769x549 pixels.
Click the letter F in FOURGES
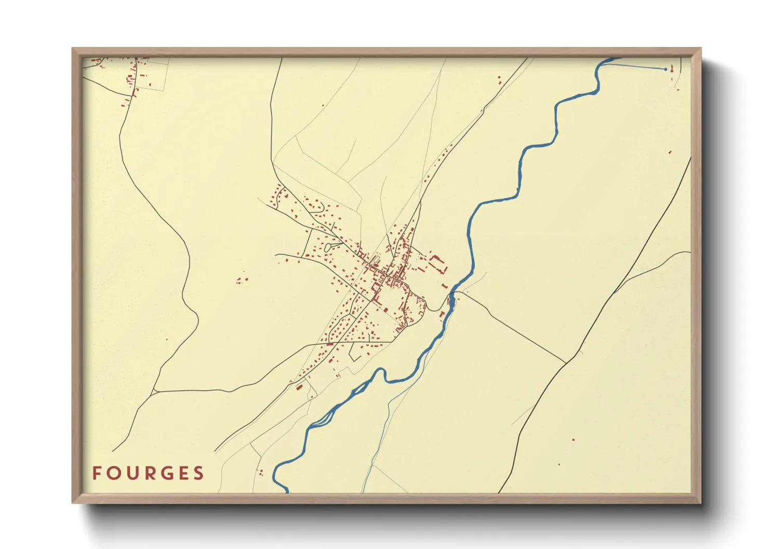[x=97, y=473]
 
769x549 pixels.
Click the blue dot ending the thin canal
[x=666, y=69]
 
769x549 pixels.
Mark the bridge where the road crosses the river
[x=452, y=299]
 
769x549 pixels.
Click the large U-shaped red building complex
[x=439, y=264]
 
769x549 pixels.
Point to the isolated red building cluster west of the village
[x=241, y=280]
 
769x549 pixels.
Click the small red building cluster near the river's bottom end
[x=261, y=472]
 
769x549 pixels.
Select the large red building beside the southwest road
[x=299, y=387]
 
